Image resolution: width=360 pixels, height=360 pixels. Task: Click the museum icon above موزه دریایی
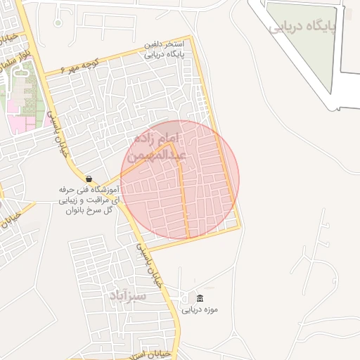point(201,298)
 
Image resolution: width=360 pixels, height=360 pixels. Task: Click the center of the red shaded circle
point(180,179)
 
